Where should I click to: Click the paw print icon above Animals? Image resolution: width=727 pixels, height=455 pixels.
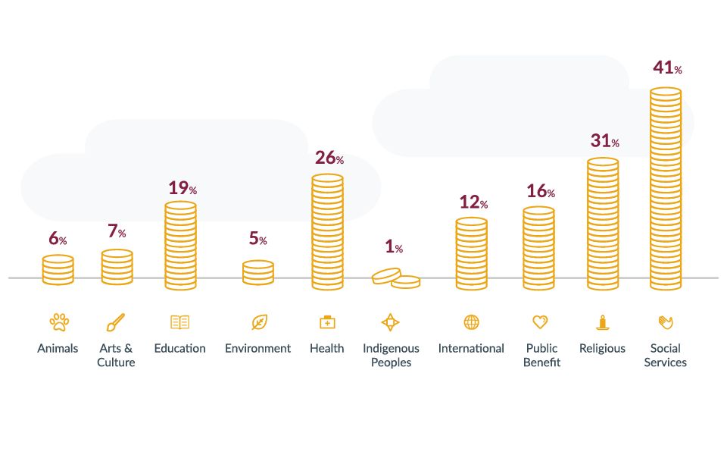[x=58, y=322]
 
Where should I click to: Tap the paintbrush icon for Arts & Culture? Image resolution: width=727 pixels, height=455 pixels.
[x=115, y=322]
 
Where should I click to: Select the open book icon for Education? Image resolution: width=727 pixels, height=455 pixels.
[x=179, y=322]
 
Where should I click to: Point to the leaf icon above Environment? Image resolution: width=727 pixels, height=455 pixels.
[x=259, y=322]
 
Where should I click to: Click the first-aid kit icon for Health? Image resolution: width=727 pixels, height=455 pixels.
[x=327, y=322]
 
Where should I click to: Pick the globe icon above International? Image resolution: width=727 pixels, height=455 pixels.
[x=471, y=322]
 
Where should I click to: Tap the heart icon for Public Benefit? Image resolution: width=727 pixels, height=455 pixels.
[x=540, y=322]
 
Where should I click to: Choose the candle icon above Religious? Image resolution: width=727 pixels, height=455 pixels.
[x=603, y=322]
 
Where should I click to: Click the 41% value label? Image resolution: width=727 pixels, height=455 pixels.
[x=667, y=68]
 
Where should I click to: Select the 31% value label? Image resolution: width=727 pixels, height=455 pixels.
[x=604, y=141]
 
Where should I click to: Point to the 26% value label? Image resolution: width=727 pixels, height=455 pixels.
[x=329, y=158]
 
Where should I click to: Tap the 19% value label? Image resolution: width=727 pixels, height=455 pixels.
[x=182, y=187]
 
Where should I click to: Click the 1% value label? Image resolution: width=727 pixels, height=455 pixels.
[x=394, y=247]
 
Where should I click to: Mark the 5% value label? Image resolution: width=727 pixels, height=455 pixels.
[x=257, y=240]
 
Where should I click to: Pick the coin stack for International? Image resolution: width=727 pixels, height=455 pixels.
[x=471, y=253]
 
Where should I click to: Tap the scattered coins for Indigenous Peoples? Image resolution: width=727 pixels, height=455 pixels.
[x=395, y=278]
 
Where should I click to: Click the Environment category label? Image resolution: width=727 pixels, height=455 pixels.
[x=257, y=349]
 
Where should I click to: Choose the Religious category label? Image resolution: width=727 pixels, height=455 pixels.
[x=602, y=349]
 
